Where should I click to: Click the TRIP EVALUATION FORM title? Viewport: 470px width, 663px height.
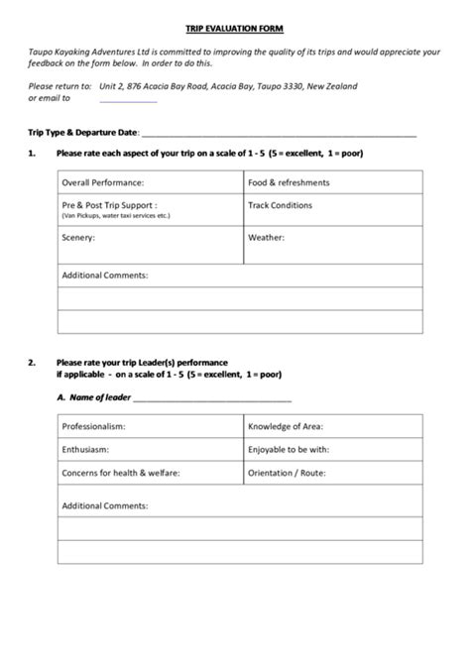point(234,30)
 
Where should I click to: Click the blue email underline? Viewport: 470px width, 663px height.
point(128,101)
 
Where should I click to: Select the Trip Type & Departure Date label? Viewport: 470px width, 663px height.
point(83,133)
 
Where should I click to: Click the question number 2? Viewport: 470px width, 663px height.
point(32,362)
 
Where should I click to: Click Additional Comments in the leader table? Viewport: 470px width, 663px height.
point(104,505)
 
